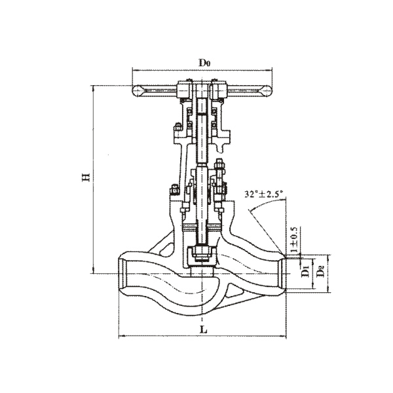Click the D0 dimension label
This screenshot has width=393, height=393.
204,63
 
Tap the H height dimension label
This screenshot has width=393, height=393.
86,177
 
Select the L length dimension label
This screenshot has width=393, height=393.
204,329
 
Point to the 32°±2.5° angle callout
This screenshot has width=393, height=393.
264,194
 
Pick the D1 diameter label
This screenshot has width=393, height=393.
305,272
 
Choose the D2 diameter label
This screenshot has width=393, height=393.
320,271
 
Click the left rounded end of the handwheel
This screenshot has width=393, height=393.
138,91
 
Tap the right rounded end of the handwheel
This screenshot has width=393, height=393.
267,91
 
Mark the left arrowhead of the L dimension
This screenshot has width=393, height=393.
121,335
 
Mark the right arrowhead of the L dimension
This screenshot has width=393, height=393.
284,335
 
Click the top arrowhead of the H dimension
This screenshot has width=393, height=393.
93,88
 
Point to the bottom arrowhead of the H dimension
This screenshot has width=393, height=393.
93,271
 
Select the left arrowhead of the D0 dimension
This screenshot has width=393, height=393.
134,71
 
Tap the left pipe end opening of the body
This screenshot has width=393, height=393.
123,273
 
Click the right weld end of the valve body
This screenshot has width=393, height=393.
283,273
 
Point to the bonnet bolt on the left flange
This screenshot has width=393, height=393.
174,190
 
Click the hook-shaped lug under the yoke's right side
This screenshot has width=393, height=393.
221,148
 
